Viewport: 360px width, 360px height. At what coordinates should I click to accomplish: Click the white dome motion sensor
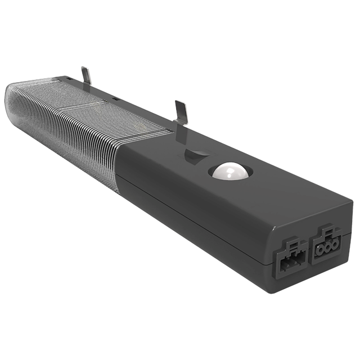pos(230,171)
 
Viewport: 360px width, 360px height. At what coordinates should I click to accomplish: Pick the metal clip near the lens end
pos(86,75)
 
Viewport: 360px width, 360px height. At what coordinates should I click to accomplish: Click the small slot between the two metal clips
pos(115,98)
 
